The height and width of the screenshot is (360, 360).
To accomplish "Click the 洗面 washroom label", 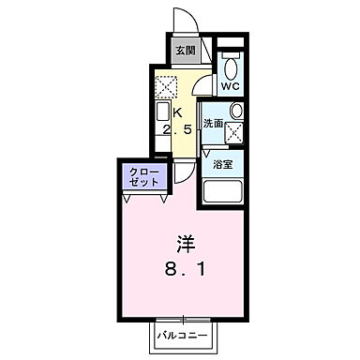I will click(x=213, y=122).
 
